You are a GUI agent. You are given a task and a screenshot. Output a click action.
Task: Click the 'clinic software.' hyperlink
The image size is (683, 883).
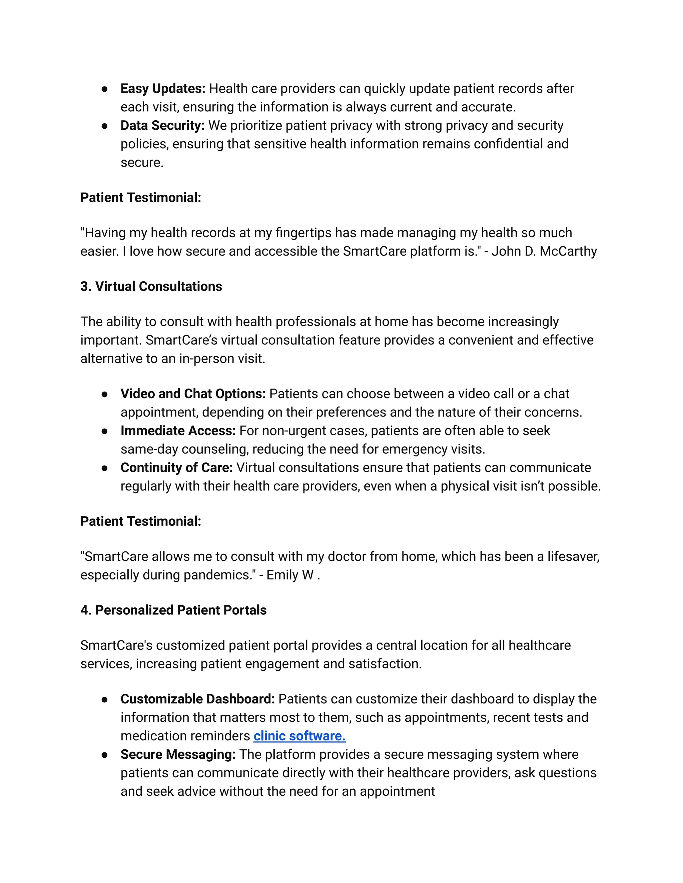(x=299, y=736)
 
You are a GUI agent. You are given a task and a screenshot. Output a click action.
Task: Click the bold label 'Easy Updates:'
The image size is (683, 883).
(x=163, y=89)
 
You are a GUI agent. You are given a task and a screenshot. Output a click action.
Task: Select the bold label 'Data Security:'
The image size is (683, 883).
(x=162, y=125)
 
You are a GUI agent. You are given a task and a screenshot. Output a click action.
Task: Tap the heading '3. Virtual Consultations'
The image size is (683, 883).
(x=151, y=286)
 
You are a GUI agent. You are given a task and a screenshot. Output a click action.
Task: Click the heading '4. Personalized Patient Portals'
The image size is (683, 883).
(x=173, y=610)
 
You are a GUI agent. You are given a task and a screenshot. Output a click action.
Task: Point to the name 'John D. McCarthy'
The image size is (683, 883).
(x=544, y=251)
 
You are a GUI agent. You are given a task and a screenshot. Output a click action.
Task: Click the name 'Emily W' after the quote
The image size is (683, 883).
(x=290, y=575)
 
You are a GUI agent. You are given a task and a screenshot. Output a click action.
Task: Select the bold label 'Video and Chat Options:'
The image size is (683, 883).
(x=193, y=394)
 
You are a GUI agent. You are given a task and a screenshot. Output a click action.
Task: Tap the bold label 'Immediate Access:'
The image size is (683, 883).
(x=178, y=431)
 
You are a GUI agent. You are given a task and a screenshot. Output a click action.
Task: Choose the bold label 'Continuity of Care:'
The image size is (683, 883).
(x=176, y=467)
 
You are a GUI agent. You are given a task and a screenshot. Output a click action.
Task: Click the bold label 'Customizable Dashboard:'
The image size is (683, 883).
(x=197, y=699)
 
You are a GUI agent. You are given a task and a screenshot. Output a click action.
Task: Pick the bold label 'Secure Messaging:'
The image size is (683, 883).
(x=178, y=754)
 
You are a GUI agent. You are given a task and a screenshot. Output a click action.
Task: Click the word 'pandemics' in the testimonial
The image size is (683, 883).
(x=217, y=575)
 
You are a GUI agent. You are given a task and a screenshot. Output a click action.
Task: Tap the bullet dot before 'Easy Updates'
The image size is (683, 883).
(x=104, y=89)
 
